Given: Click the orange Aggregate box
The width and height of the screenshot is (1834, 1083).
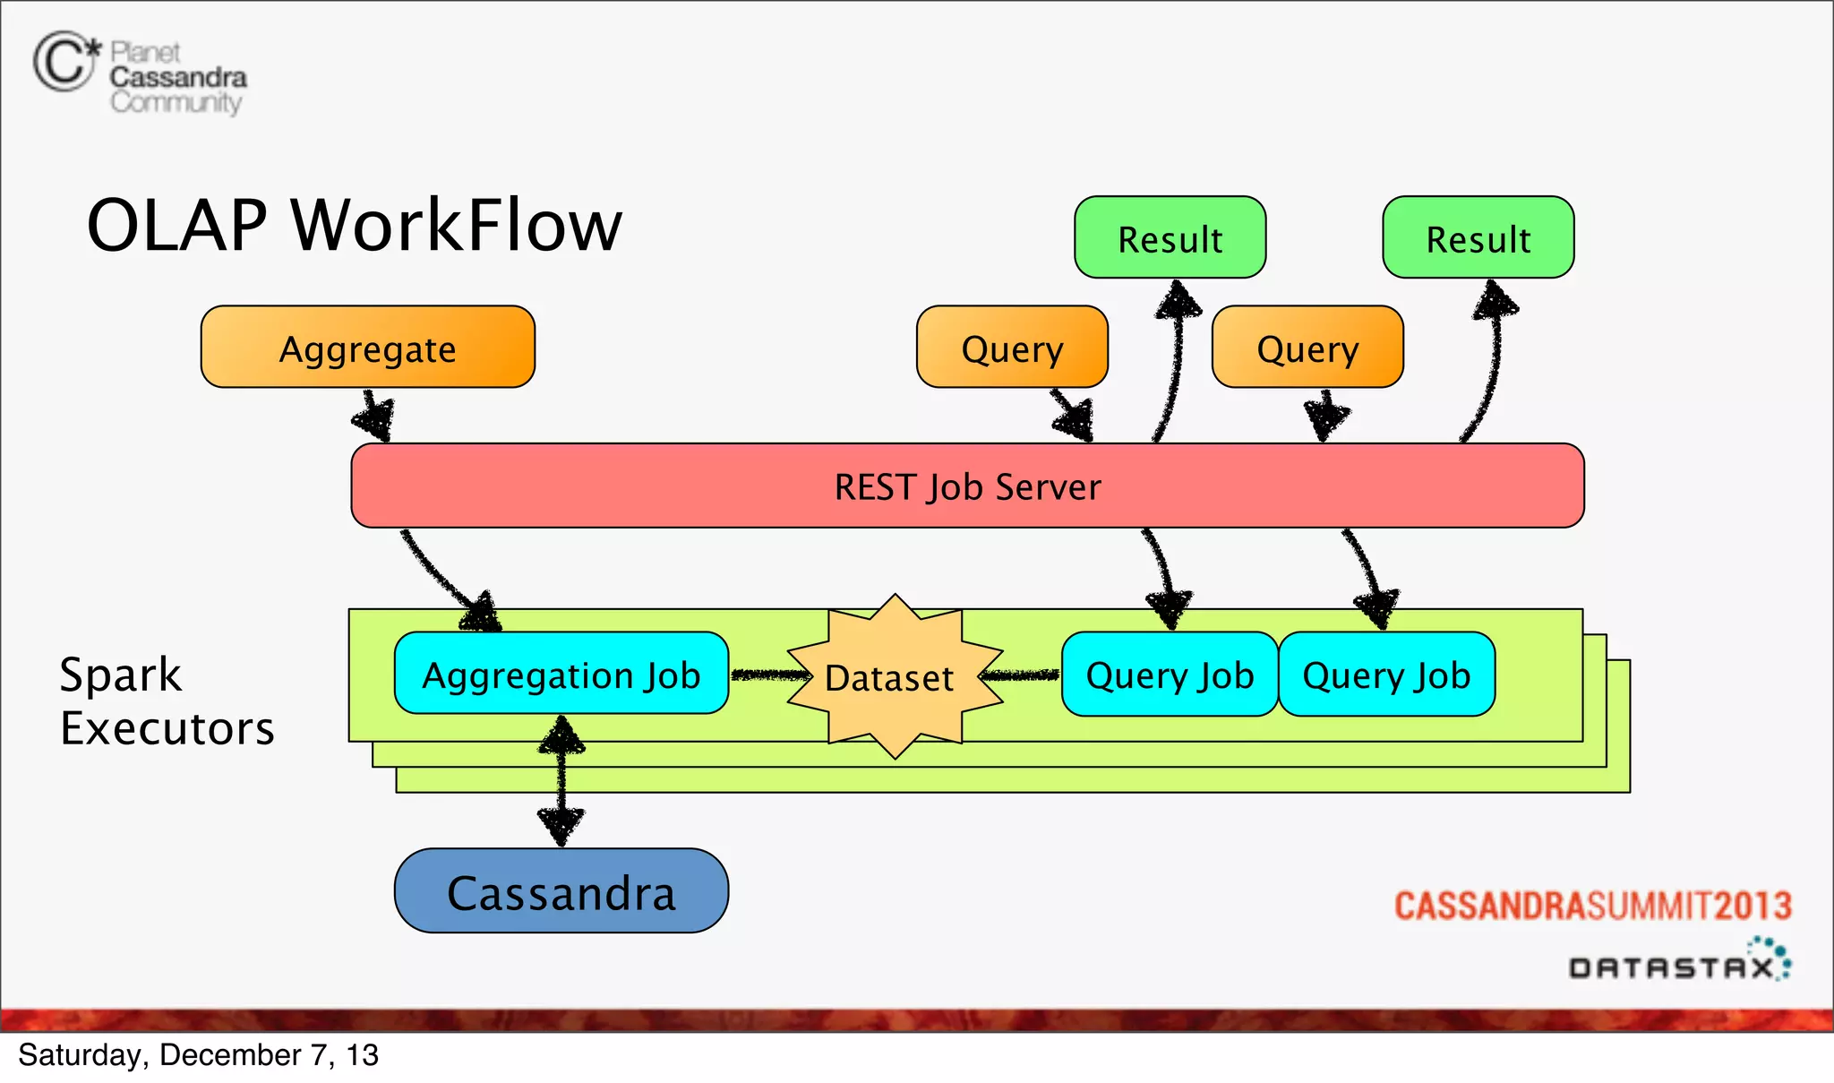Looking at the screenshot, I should click(367, 348).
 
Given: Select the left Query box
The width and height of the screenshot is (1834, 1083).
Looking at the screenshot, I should click(1012, 348).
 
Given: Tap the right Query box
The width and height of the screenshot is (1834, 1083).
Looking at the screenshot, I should click(1307, 348).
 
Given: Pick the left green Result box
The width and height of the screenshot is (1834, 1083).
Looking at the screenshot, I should click(1170, 238).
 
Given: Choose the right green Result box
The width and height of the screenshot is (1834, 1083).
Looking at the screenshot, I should click(1478, 238).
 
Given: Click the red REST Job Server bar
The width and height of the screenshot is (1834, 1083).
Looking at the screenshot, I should click(967, 486).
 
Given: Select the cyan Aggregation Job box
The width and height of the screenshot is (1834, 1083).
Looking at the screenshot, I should click(561, 675).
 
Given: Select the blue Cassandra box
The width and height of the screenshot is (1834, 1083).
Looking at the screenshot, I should click(561, 892).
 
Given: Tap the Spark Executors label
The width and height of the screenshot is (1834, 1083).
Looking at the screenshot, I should click(167, 701).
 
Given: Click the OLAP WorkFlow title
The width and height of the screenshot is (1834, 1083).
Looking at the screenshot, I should click(354, 226).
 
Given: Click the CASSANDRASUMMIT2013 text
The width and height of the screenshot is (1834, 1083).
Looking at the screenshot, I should click(1592, 907).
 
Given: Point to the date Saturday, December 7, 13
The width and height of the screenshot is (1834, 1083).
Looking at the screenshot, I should click(198, 1055).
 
